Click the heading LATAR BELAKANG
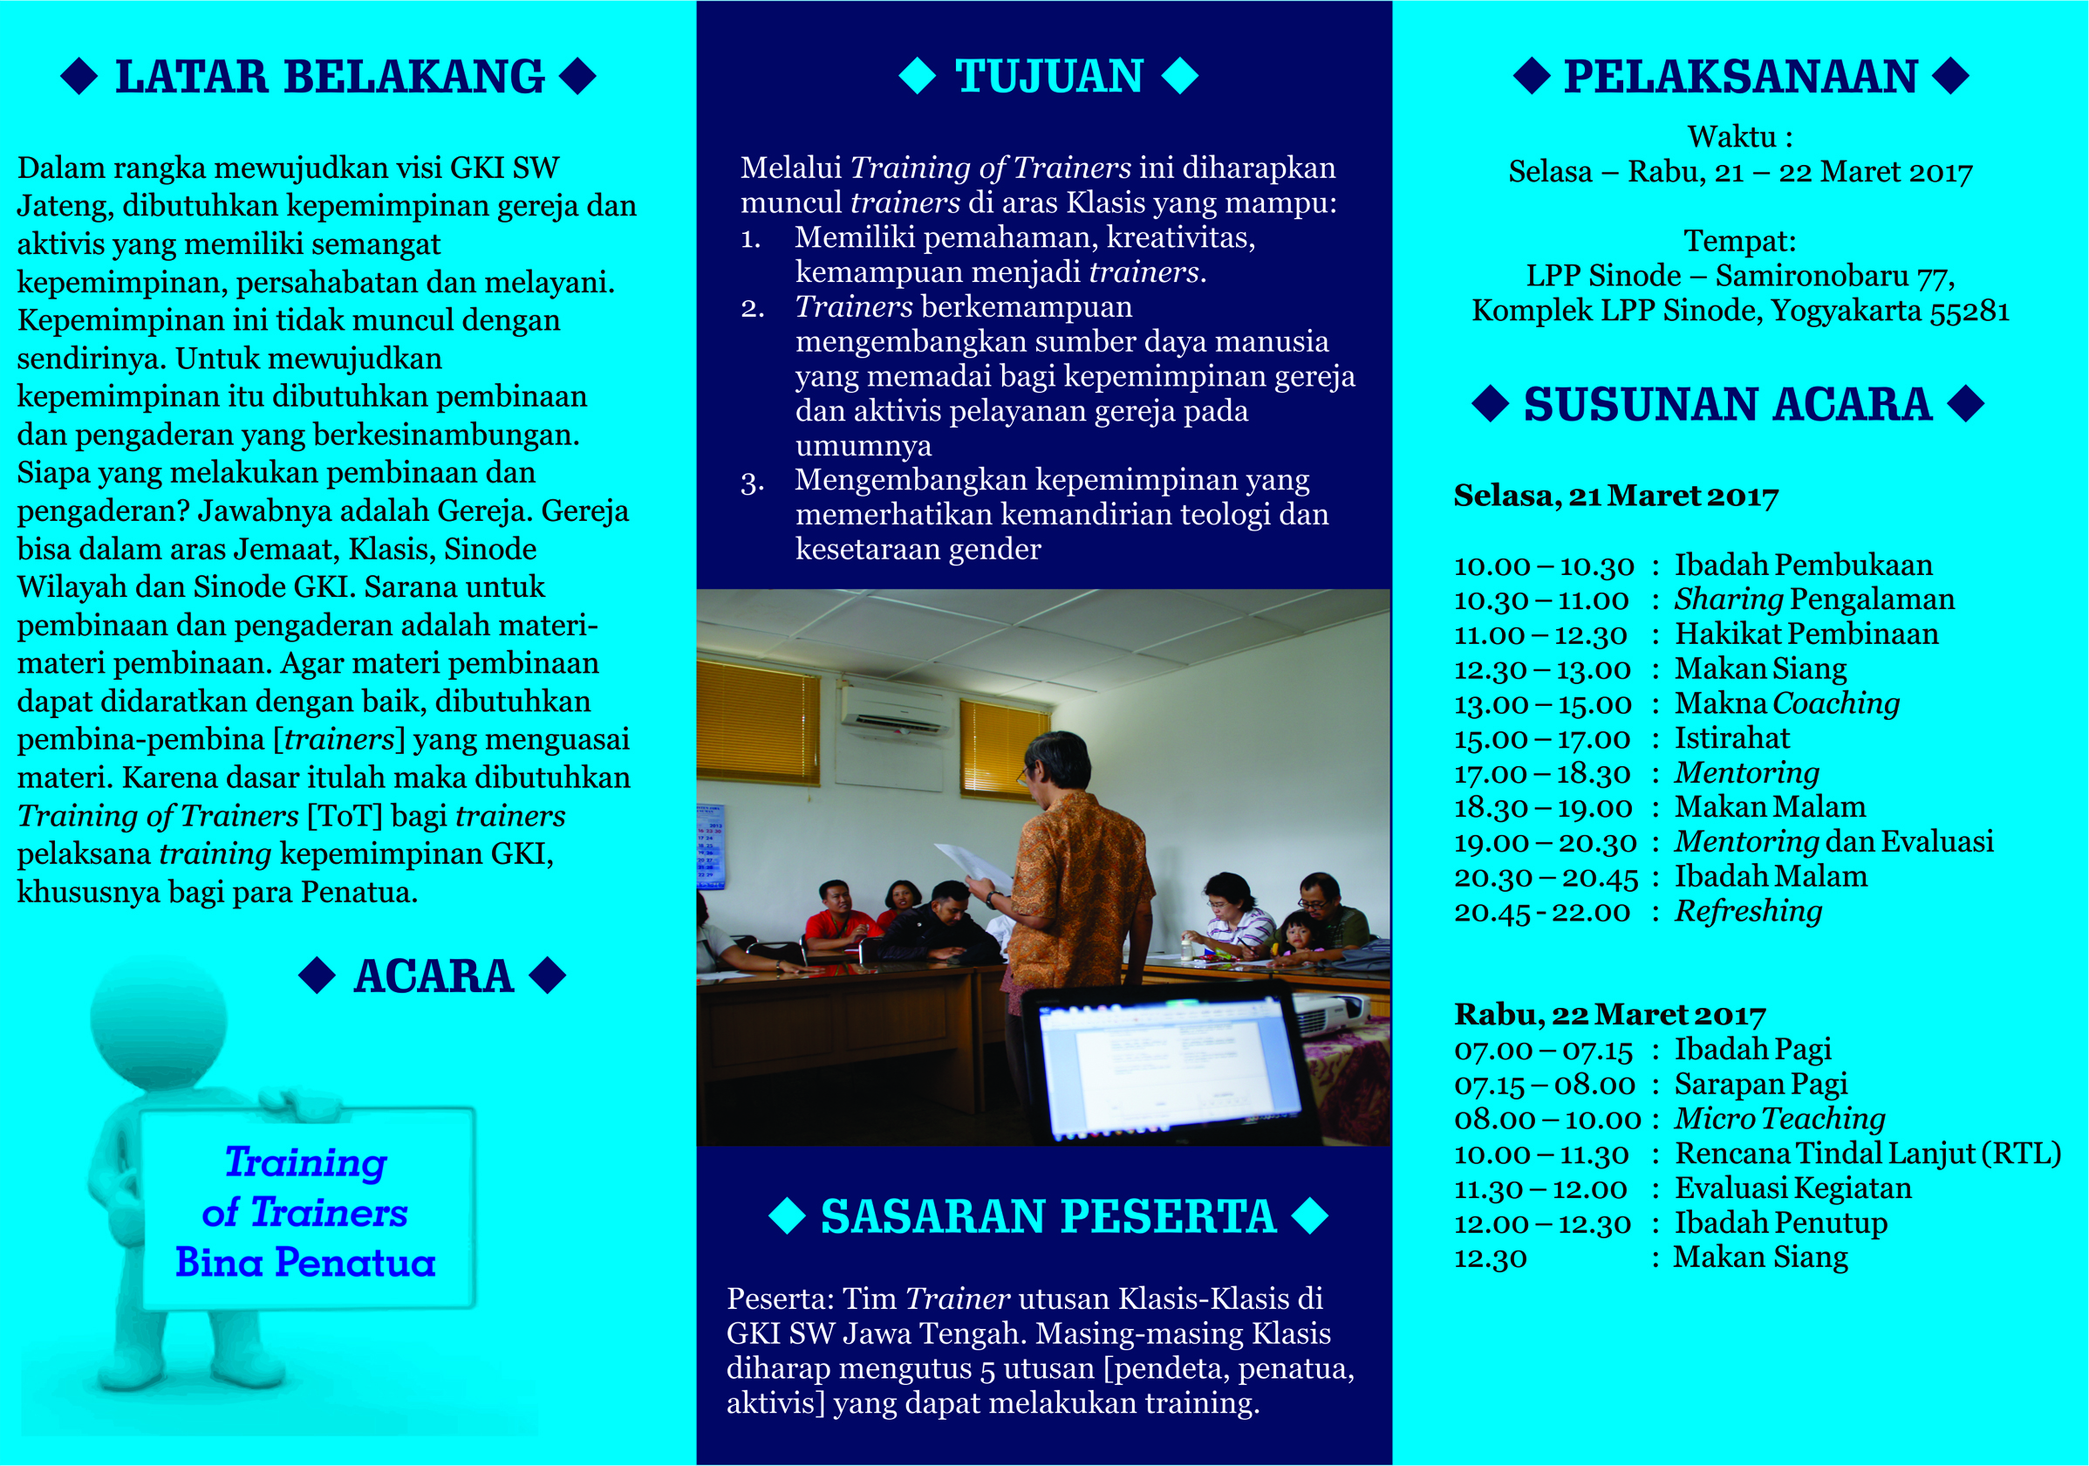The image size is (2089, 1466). pyautogui.click(x=330, y=77)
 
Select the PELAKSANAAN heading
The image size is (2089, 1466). pyautogui.click(x=1740, y=77)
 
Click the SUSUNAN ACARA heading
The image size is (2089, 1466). pyautogui.click(x=1727, y=404)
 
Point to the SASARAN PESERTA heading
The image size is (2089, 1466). pyautogui.click(x=1048, y=1216)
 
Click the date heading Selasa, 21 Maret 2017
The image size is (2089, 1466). pyautogui.click(x=1616, y=496)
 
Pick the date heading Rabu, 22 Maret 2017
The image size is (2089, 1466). pyautogui.click(x=1609, y=1014)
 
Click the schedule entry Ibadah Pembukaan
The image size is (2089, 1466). pyautogui.click(x=1803, y=565)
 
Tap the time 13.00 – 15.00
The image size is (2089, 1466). pyautogui.click(x=1543, y=704)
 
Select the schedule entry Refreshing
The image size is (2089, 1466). pyautogui.click(x=1749, y=911)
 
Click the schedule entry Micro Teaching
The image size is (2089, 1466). pyautogui.click(x=1780, y=1119)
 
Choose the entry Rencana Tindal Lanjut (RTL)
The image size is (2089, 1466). pyautogui.click(x=1868, y=1154)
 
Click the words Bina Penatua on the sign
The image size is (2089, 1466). pyautogui.click(x=305, y=1262)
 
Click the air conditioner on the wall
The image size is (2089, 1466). pyautogui.click(x=896, y=709)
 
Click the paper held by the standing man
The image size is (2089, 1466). pyautogui.click(x=972, y=866)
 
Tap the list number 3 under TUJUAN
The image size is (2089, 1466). pyautogui.click(x=752, y=482)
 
